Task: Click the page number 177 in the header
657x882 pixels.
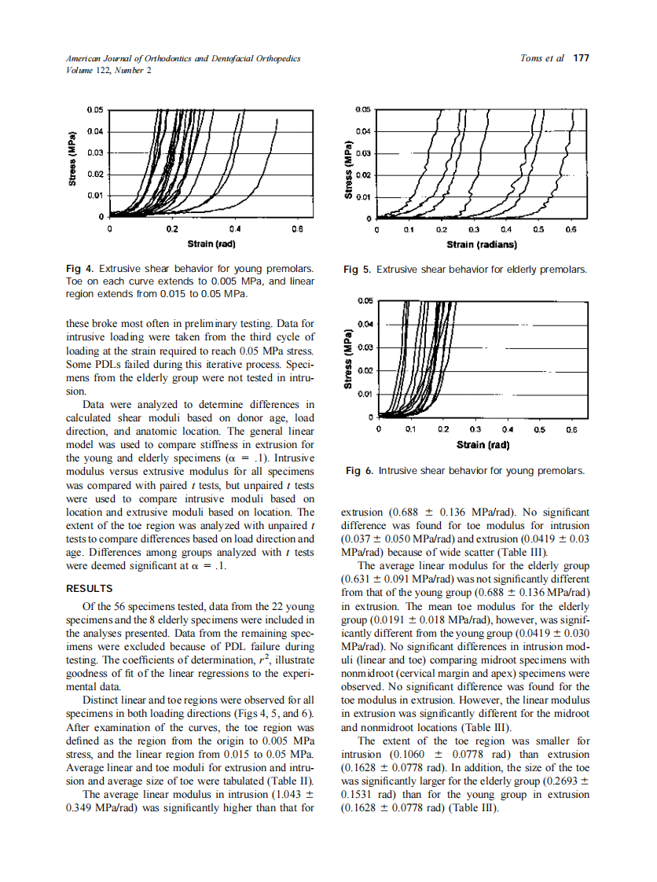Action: pyautogui.click(x=581, y=58)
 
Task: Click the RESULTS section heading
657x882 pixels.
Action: pyautogui.click(x=89, y=588)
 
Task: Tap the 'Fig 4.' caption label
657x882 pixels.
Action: pyautogui.click(x=80, y=269)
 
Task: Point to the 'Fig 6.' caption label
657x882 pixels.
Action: pyautogui.click(x=360, y=471)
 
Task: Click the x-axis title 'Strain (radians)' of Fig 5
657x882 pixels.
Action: pyautogui.click(x=481, y=244)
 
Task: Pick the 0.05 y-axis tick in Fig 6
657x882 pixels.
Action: pyautogui.click(x=365, y=301)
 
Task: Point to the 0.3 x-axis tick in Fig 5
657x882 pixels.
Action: pyautogui.click(x=474, y=230)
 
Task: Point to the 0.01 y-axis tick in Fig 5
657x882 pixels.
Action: pyautogui.click(x=364, y=197)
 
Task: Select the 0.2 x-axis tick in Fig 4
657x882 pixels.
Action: pyautogui.click(x=172, y=230)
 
